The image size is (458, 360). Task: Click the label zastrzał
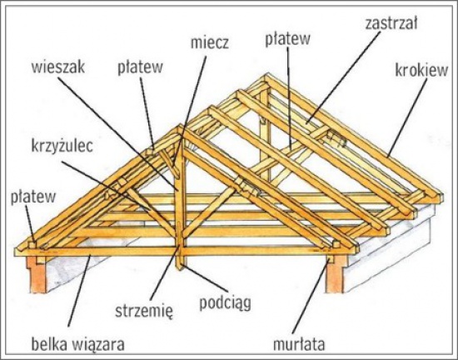391,23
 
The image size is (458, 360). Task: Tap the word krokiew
421,70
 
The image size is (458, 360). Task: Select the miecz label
209,42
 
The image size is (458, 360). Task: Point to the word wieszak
58,67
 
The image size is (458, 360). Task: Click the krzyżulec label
62,146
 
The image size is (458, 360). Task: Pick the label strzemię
144,311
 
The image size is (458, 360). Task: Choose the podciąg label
225,303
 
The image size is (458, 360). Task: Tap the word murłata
298,344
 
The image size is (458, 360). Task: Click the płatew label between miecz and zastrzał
287,39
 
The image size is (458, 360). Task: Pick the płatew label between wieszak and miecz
140,67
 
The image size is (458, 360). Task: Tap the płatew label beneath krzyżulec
33,197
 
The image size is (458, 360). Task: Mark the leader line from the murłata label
311,297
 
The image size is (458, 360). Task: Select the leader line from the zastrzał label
342,77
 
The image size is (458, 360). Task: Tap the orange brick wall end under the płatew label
37,275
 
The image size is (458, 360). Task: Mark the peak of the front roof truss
181,126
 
